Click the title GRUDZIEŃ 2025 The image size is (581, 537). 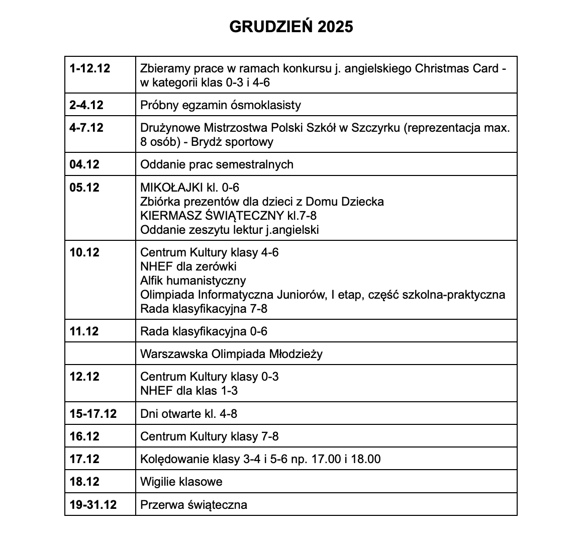click(x=291, y=27)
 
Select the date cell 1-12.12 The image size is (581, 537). click(x=90, y=68)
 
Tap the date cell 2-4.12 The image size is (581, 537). click(x=86, y=105)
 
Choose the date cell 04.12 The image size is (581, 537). click(x=84, y=164)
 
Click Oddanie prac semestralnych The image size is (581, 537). click(x=217, y=164)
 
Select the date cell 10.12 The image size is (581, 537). click(x=84, y=252)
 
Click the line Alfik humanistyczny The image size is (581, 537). click(x=193, y=280)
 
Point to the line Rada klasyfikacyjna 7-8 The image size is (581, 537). click(x=204, y=308)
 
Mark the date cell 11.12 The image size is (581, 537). click(x=84, y=331)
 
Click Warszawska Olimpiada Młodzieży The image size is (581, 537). click(x=231, y=354)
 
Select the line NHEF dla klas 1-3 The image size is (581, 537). click(x=189, y=391)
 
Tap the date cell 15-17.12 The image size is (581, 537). click(x=93, y=414)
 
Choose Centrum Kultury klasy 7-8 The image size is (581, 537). click(x=209, y=436)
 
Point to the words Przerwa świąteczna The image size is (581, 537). click(x=193, y=504)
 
